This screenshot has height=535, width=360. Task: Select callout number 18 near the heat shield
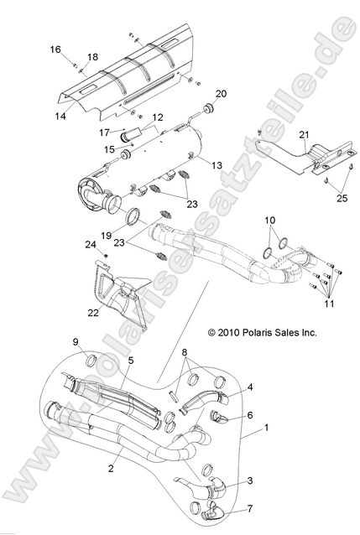tap(92, 57)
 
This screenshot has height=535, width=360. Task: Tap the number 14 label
tap(61, 115)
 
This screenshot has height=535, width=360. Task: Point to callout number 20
tap(222, 93)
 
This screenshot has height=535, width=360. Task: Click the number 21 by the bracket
tap(304, 135)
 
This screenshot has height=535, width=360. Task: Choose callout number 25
tap(341, 197)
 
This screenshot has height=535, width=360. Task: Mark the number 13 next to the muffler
tap(217, 166)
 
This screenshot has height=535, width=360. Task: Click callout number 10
tap(270, 221)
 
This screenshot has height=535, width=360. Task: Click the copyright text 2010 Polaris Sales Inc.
tap(262, 332)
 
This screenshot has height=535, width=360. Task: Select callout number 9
tap(76, 342)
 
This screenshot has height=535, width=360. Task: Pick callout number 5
tap(130, 361)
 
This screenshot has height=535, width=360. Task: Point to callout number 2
tap(111, 469)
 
